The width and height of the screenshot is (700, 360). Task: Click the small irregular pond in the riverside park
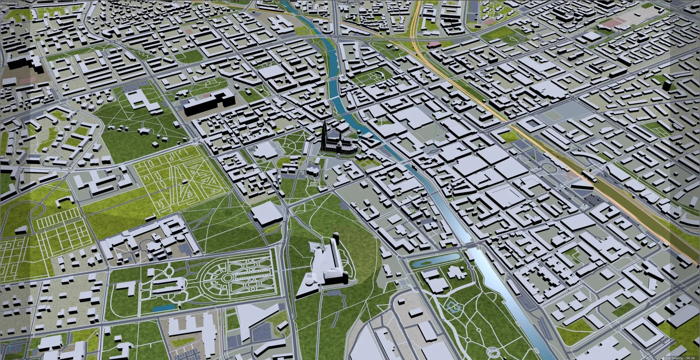pos(454,306)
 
